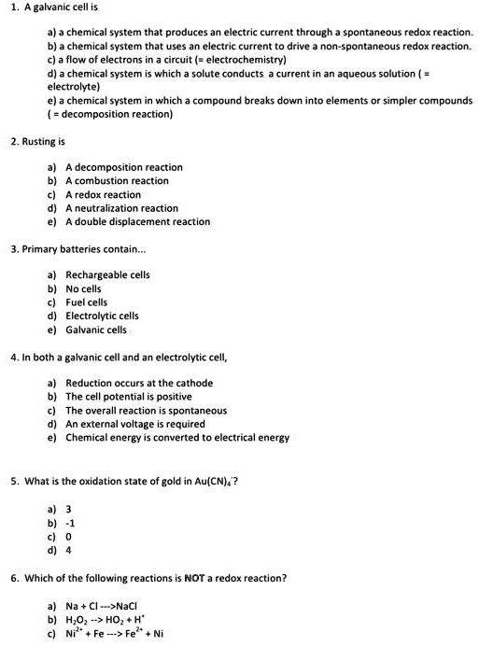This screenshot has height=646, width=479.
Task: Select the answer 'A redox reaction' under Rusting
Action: [x=103, y=194]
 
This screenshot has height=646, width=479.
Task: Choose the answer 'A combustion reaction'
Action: [x=117, y=180]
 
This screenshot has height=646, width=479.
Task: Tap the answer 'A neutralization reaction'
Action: [x=121, y=208]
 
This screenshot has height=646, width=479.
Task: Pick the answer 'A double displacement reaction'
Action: [x=137, y=221]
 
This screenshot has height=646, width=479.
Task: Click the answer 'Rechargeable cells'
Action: [x=107, y=274]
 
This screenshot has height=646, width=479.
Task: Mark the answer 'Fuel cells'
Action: [x=87, y=302]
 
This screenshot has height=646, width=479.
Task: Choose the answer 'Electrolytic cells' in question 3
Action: [x=102, y=316]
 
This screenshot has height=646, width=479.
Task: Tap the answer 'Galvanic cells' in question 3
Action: [x=96, y=330]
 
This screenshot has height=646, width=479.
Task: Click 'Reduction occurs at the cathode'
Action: [x=139, y=383]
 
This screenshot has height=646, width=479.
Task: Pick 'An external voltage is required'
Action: [x=134, y=424]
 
